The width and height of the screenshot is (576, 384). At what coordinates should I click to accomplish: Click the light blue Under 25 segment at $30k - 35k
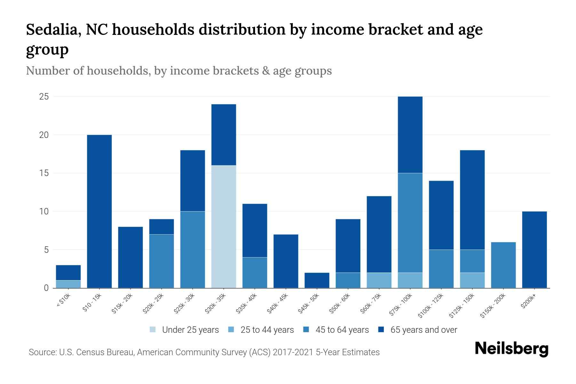[x=224, y=227]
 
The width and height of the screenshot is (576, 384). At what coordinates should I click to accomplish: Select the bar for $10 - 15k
[x=99, y=211]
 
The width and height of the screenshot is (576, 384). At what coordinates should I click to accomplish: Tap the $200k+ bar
[x=534, y=250]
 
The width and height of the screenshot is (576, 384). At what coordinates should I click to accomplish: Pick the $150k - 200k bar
[x=503, y=265]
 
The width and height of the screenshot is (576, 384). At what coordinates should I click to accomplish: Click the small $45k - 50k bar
[x=317, y=280]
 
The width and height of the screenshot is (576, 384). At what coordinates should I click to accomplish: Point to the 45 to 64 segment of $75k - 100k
[x=410, y=223]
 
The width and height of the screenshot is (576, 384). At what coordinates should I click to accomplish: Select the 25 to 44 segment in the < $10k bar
[x=68, y=284]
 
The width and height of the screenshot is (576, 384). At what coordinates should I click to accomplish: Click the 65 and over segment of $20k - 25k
[x=162, y=227]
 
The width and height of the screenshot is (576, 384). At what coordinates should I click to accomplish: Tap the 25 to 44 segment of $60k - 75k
[x=379, y=280]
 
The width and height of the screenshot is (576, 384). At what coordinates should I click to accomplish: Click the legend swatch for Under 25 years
[x=153, y=330]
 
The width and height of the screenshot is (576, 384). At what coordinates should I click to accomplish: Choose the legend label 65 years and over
[x=424, y=330]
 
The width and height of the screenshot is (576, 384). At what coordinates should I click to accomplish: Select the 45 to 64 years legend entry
[x=342, y=330]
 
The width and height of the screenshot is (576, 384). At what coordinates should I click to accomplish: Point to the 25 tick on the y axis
[x=44, y=97]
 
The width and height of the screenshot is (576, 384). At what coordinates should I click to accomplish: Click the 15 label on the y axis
[x=44, y=173]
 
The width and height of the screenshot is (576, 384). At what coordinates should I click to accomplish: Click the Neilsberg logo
[x=512, y=349]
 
